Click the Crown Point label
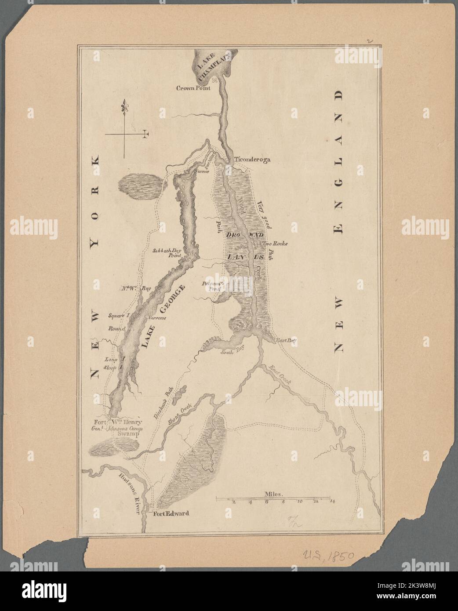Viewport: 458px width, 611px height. tap(194, 88)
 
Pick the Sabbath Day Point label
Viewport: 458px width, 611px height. tap(169, 255)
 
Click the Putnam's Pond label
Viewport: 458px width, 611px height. tap(213, 287)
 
